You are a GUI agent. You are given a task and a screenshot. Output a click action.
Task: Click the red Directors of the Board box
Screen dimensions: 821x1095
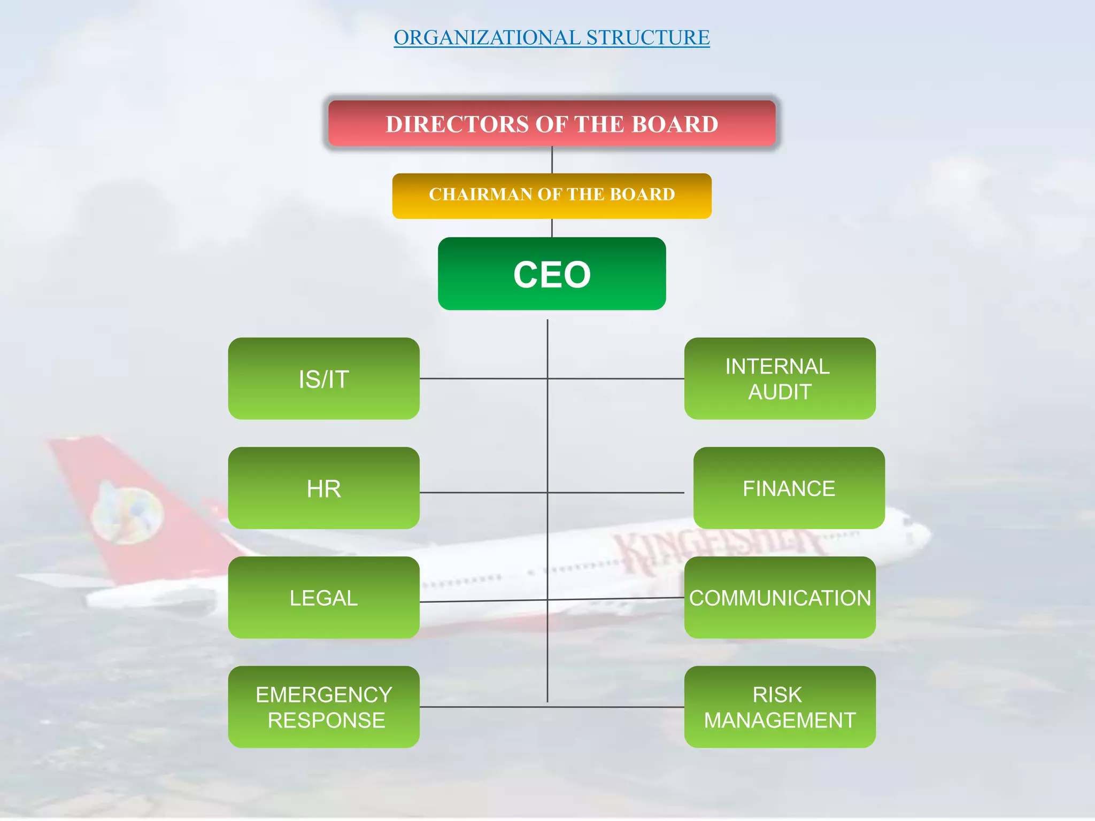pyautogui.click(x=552, y=123)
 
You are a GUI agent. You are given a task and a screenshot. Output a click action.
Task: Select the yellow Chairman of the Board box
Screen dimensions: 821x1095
pyautogui.click(x=552, y=196)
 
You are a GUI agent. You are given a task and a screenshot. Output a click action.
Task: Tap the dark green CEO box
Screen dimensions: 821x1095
pyautogui.click(x=552, y=274)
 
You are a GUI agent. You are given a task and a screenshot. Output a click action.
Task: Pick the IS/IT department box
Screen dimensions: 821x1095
pyautogui.click(x=323, y=378)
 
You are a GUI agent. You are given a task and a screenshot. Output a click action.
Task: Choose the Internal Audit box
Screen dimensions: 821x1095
pyautogui.click(x=780, y=378)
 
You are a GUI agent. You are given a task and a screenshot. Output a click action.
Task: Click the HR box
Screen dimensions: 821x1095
pyautogui.click(x=323, y=488)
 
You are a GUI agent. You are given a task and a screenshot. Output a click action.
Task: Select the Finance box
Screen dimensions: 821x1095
pyautogui.click(x=789, y=488)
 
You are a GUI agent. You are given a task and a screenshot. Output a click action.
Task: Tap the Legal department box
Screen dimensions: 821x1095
pyautogui.click(x=323, y=598)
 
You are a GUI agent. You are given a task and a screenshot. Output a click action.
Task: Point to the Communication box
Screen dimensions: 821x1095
pyautogui.click(x=780, y=598)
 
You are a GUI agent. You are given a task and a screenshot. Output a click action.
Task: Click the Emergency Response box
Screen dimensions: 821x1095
pyautogui.click(x=323, y=707)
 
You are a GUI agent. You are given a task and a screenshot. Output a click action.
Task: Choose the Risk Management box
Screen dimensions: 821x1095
pyautogui.click(x=780, y=707)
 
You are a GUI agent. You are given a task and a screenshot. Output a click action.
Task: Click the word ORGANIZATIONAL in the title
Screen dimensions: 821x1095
pyautogui.click(x=487, y=37)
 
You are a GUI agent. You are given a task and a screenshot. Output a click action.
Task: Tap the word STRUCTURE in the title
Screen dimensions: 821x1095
pyautogui.click(x=648, y=37)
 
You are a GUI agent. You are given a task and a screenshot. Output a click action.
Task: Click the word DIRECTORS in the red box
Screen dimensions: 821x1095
pyautogui.click(x=457, y=124)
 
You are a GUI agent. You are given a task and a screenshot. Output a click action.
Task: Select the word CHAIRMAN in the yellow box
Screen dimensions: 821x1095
pyautogui.click(x=480, y=194)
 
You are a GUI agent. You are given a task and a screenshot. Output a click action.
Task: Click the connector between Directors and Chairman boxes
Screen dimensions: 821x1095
pyautogui.click(x=552, y=160)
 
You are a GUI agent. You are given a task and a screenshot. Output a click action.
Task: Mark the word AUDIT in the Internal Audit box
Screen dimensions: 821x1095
pyautogui.click(x=780, y=392)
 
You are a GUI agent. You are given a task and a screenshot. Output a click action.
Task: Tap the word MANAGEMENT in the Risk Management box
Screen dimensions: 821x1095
pyautogui.click(x=780, y=720)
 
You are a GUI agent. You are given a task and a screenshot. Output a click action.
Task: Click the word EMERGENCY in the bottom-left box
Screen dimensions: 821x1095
pyautogui.click(x=323, y=694)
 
